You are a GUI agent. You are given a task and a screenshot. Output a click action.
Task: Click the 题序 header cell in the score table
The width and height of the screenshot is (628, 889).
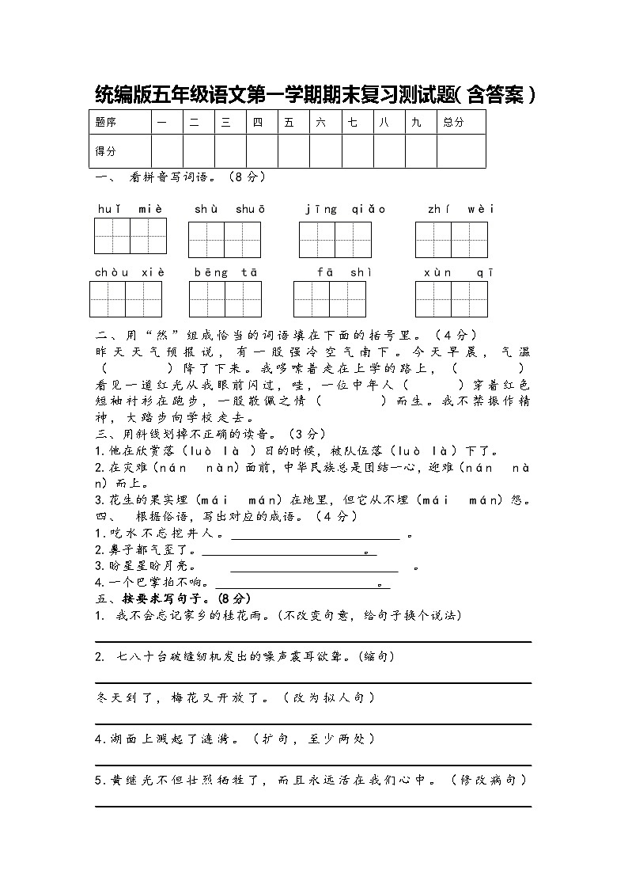click(106, 122)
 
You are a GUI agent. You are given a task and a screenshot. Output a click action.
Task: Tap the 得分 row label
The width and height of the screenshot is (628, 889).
click(106, 150)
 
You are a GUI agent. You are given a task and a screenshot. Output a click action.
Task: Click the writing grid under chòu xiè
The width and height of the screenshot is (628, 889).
click(126, 299)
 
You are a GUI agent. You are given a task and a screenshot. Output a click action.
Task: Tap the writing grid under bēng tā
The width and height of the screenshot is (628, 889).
click(225, 299)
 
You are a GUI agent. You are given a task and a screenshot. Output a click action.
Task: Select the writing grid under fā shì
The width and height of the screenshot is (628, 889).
click(329, 299)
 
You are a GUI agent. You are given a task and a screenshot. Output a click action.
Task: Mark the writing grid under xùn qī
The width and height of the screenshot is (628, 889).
click(452, 299)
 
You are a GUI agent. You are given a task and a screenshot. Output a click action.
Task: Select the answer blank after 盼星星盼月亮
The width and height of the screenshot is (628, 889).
click(314, 567)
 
